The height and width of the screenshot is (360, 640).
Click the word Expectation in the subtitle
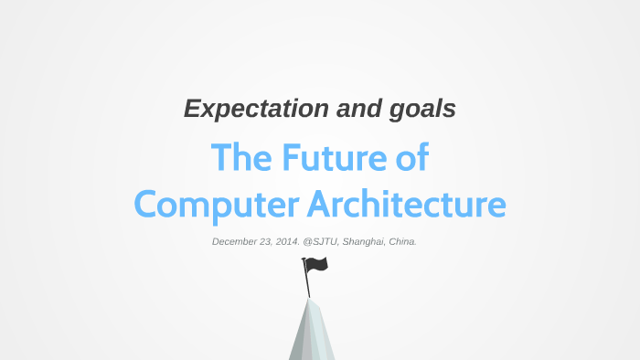point(241,110)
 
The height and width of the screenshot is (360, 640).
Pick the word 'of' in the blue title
point(409,159)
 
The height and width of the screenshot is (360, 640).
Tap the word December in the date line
point(235,242)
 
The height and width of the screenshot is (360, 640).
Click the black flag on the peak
point(317,265)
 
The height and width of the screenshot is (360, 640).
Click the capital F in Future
point(291,159)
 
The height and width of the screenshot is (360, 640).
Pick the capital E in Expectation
point(190,110)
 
